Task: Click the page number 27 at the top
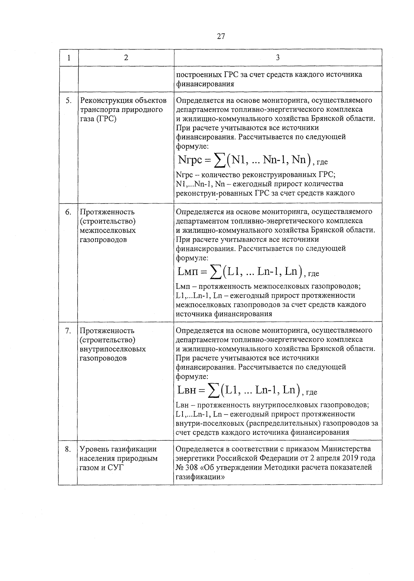[221, 36]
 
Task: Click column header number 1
[69, 58]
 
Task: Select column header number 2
[126, 58]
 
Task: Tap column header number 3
[278, 58]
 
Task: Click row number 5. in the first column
[69, 101]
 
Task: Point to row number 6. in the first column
[69, 212]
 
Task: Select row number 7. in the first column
[69, 331]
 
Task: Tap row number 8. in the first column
[69, 449]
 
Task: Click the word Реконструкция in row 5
[104, 101]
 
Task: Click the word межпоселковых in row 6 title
[108, 230]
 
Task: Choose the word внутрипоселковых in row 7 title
[113, 349]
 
